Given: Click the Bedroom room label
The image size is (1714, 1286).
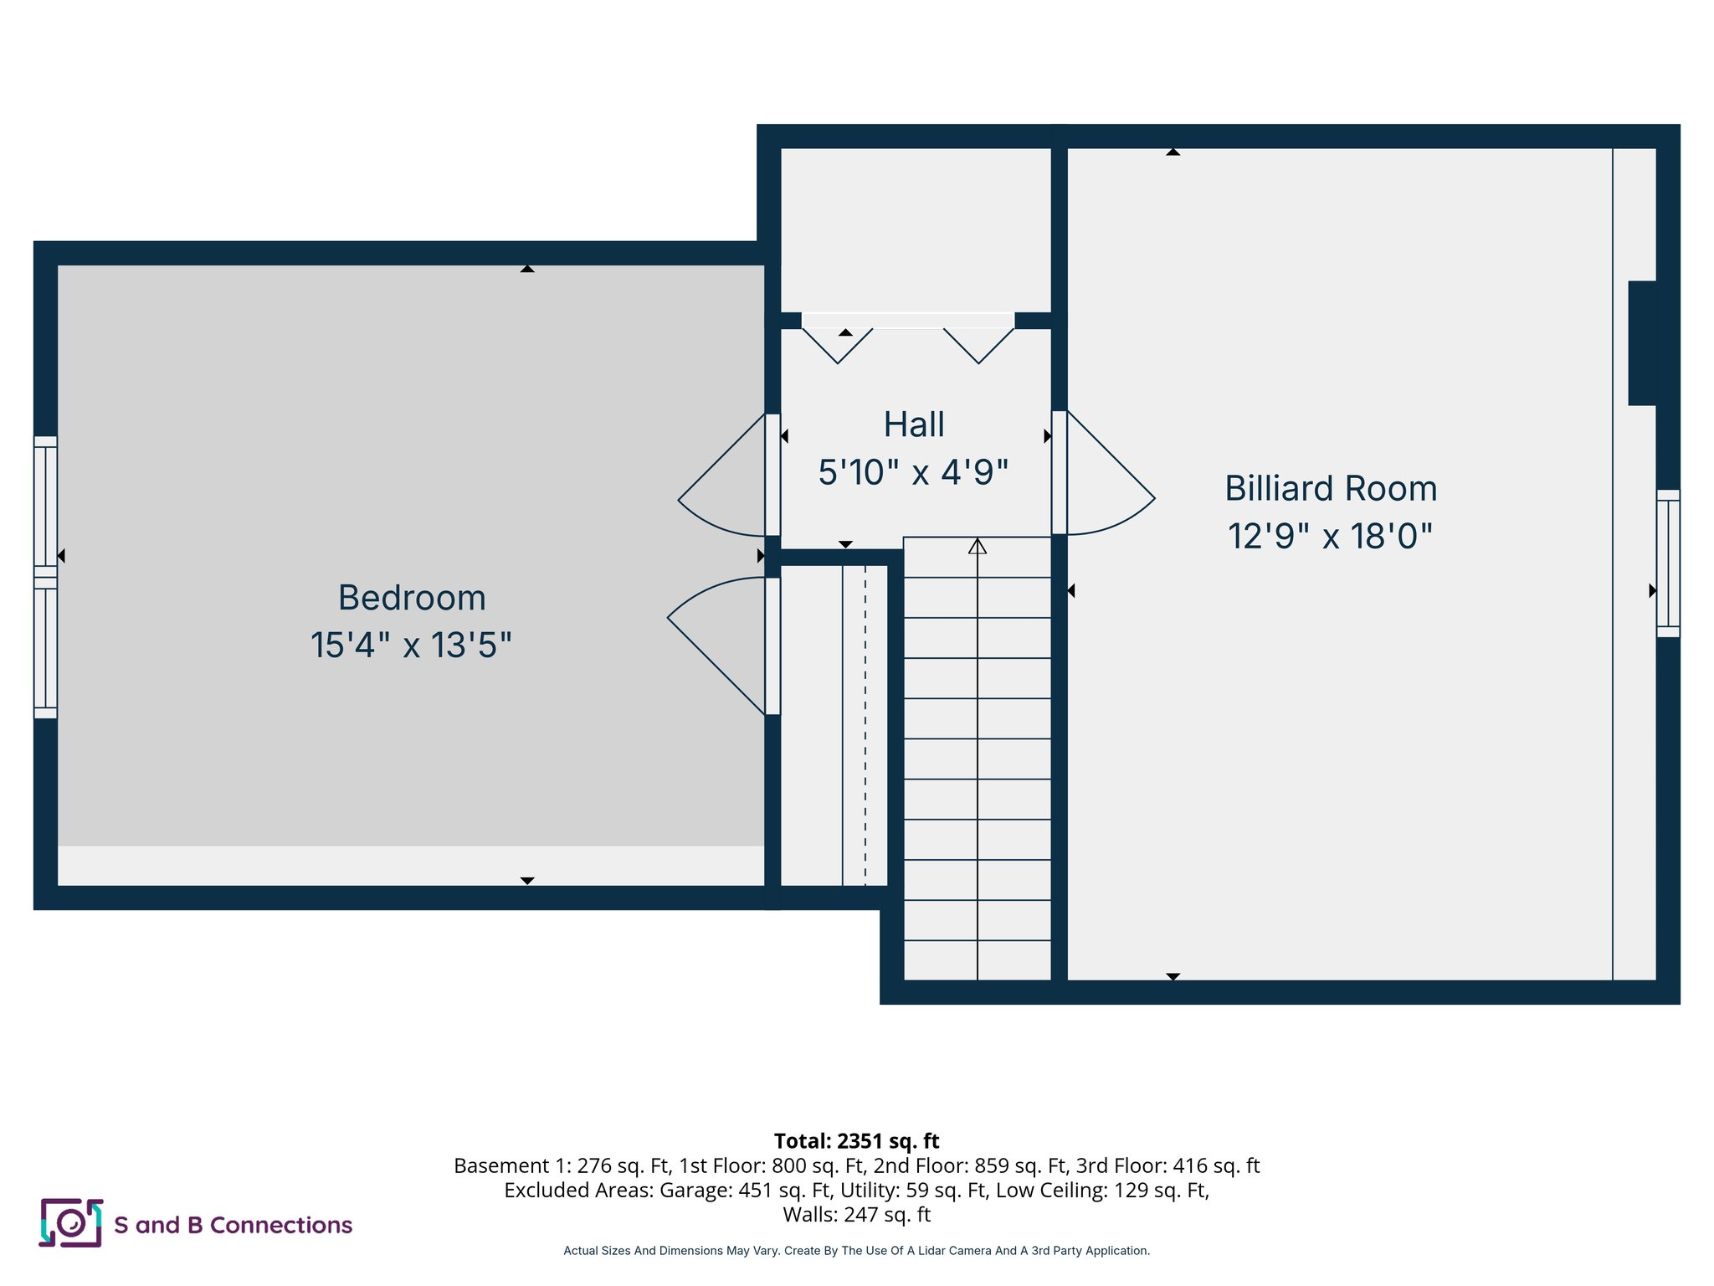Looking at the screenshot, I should pyautogui.click(x=412, y=598).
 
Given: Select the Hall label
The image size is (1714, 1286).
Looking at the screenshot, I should pyautogui.click(x=914, y=424).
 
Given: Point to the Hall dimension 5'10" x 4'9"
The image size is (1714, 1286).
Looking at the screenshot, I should pyautogui.click(x=913, y=472).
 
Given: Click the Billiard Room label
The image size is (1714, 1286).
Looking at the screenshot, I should pyautogui.click(x=1331, y=488).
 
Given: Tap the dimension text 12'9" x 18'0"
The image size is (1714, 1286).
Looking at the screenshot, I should pyautogui.click(x=1330, y=537).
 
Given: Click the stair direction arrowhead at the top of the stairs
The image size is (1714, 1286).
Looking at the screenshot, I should pyautogui.click(x=978, y=547).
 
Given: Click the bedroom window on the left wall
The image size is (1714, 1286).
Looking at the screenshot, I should pyautogui.click(x=45, y=578).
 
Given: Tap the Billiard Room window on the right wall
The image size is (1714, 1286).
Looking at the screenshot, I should pyautogui.click(x=1668, y=563).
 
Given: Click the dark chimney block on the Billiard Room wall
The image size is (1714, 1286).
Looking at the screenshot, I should pyautogui.click(x=1642, y=343).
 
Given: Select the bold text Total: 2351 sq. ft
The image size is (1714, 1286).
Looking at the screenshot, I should pyautogui.click(x=856, y=1141).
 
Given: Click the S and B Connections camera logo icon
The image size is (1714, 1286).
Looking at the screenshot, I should pyautogui.click(x=71, y=1223).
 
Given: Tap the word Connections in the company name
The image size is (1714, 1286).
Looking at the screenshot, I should pyautogui.click(x=281, y=1225).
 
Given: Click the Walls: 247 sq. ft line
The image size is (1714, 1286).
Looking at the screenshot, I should pyautogui.click(x=856, y=1214).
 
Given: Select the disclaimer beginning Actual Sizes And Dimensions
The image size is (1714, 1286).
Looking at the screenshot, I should pyautogui.click(x=856, y=1251).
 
